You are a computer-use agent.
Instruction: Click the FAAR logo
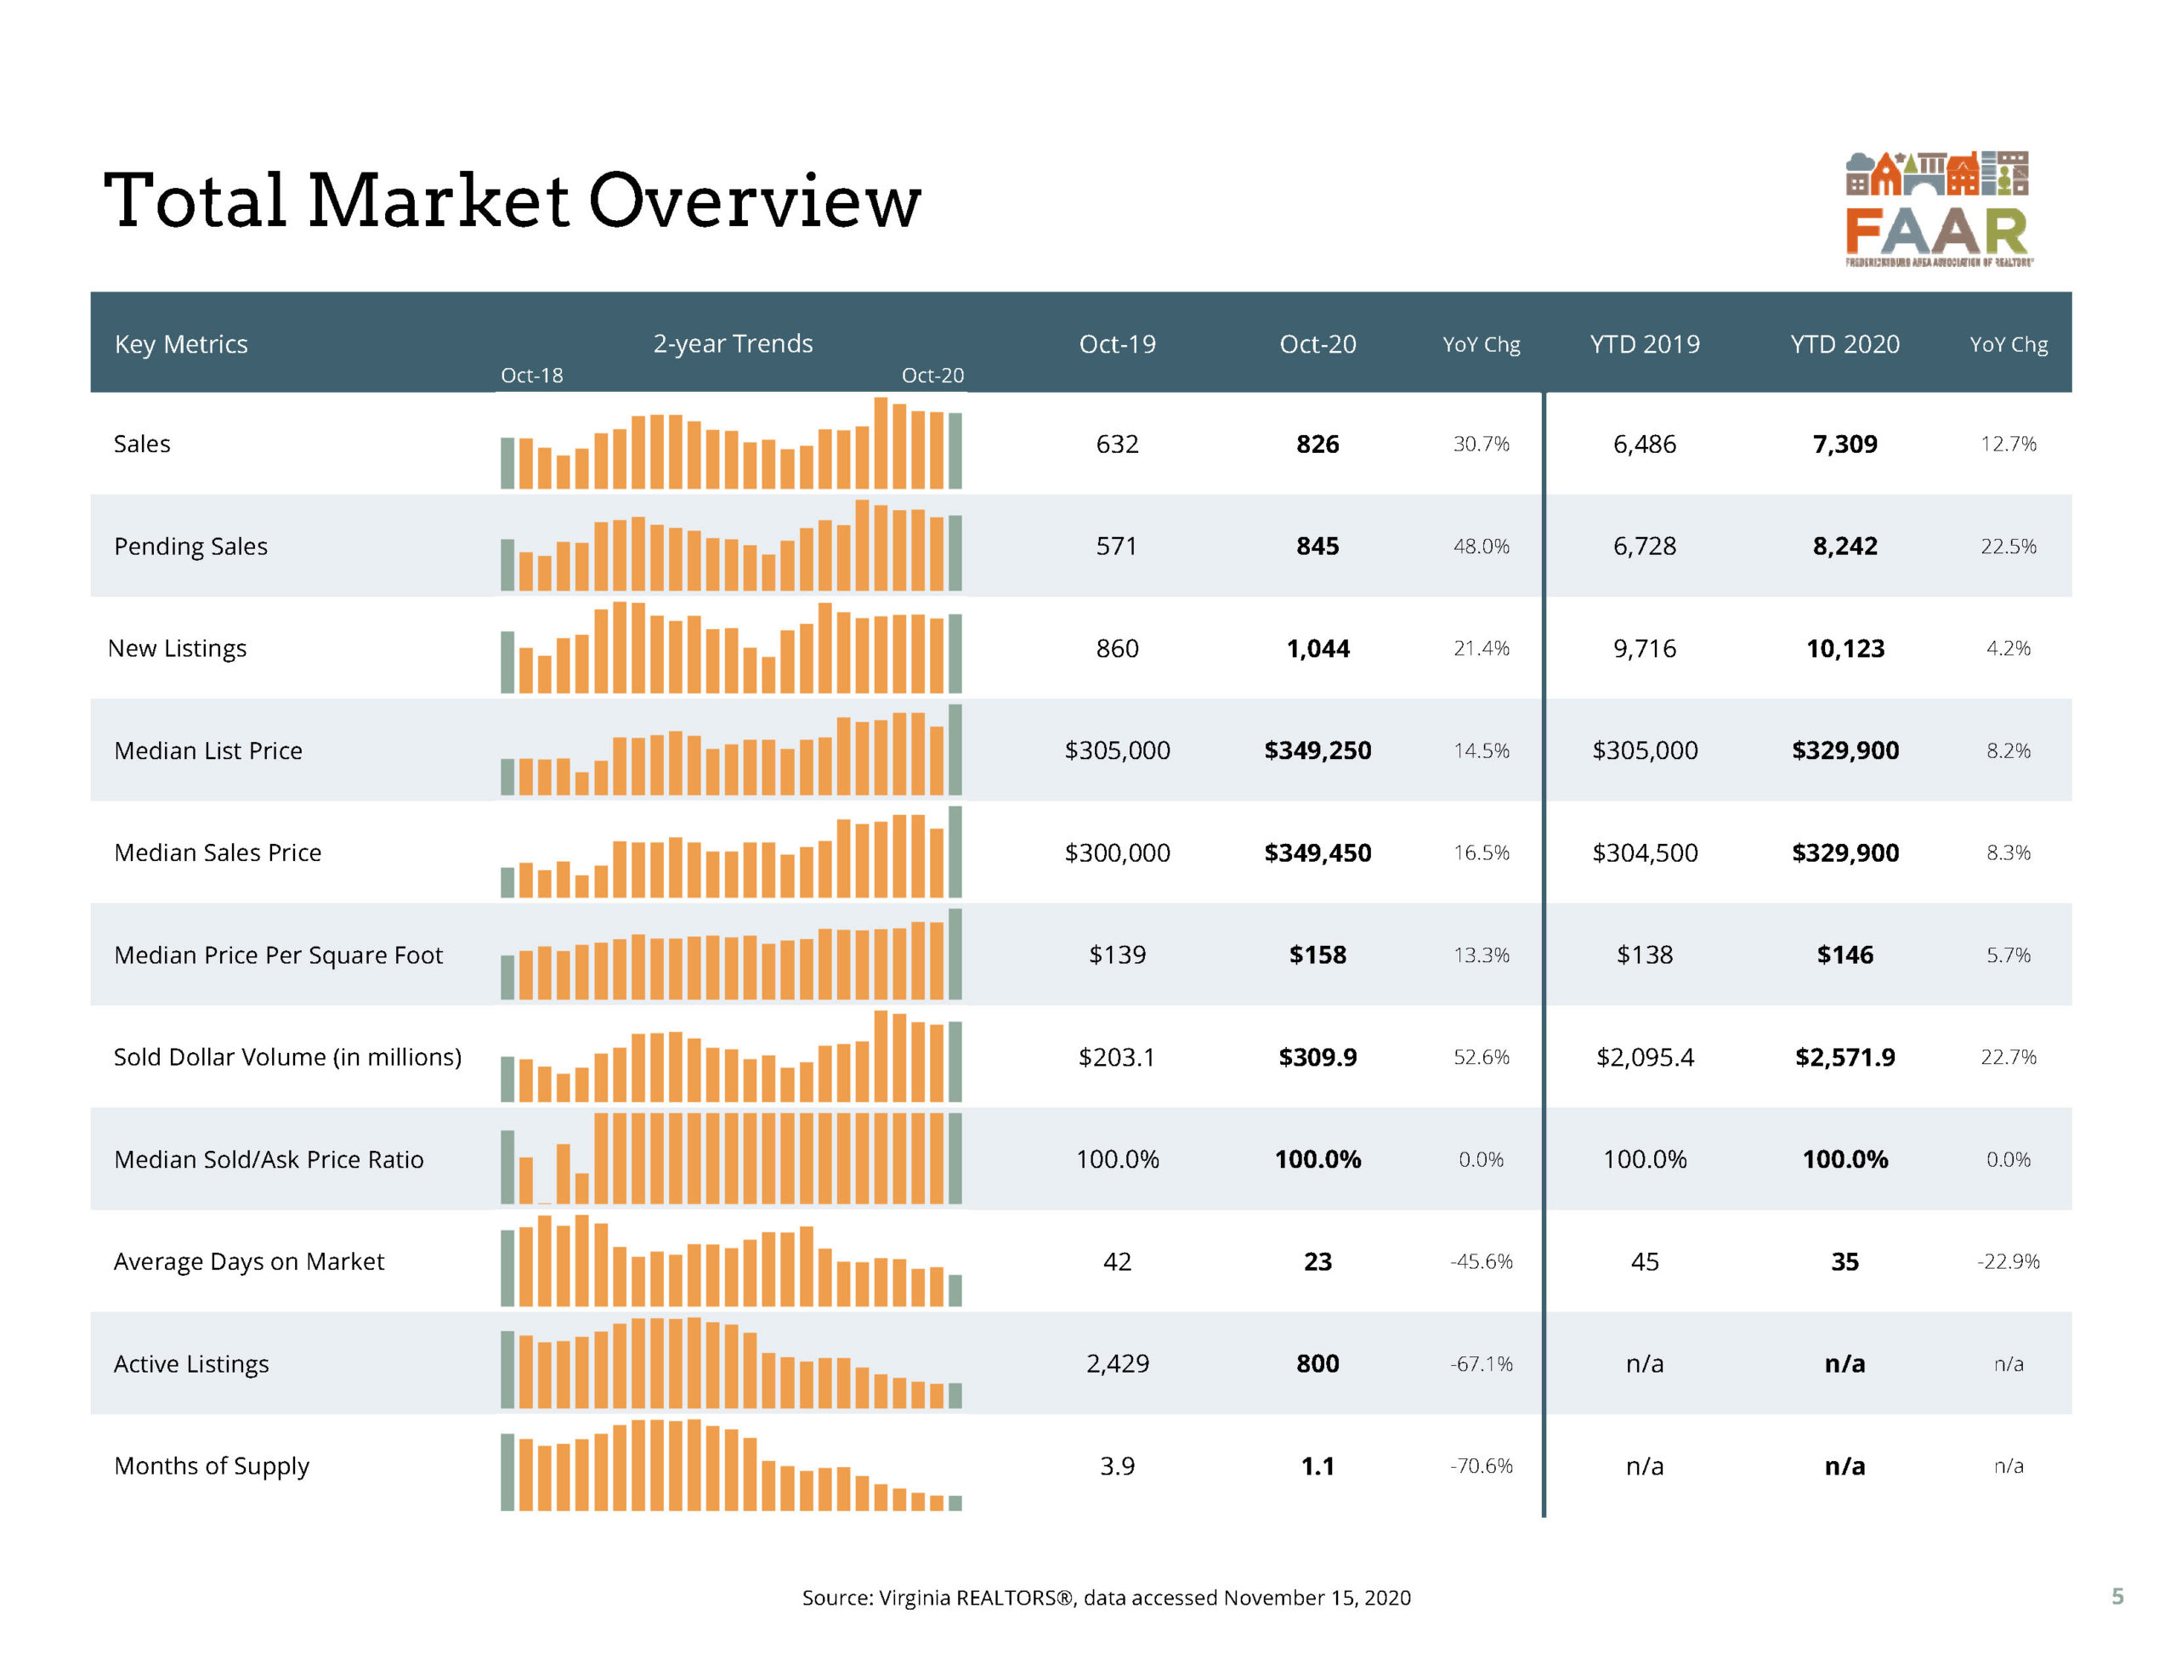pyautogui.click(x=1937, y=209)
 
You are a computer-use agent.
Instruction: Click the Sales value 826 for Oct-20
pyautogui.click(x=1317, y=444)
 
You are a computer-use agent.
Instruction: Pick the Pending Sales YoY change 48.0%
pyautogui.click(x=1481, y=546)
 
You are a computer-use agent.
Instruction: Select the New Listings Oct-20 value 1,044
pyautogui.click(x=1317, y=648)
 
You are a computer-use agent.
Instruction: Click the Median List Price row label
pyautogui.click(x=208, y=750)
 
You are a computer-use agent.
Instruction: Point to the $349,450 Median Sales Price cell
pyautogui.click(x=1317, y=853)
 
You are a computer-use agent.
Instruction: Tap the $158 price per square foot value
pyautogui.click(x=1317, y=954)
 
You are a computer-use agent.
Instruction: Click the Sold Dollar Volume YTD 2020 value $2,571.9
pyautogui.click(x=1844, y=1057)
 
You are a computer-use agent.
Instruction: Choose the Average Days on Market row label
pyautogui.click(x=248, y=1261)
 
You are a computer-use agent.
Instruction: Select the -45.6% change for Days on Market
pyautogui.click(x=1481, y=1261)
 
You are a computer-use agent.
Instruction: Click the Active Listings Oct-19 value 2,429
pyautogui.click(x=1117, y=1363)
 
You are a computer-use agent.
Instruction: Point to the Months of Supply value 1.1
pyautogui.click(x=1317, y=1466)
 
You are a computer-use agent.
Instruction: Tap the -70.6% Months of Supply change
pyautogui.click(x=1481, y=1466)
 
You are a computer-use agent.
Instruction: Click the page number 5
pyautogui.click(x=2117, y=1596)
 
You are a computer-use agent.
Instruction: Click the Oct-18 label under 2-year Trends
pyautogui.click(x=531, y=376)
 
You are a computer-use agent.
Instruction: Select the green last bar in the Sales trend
pyautogui.click(x=955, y=450)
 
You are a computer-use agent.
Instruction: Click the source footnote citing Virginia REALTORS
pyautogui.click(x=1106, y=1597)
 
